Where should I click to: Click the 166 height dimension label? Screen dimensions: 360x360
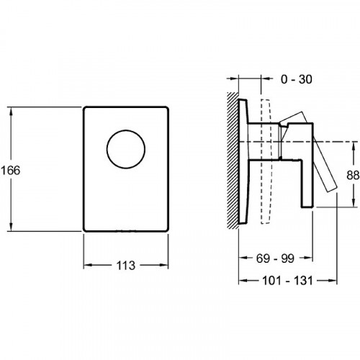click(11, 171)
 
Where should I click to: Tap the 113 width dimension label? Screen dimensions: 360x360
click(126, 266)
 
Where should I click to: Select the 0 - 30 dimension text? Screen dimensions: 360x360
click(297, 79)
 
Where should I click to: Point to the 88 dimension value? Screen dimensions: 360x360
click(353, 176)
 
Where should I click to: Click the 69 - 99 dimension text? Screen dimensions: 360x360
click(275, 258)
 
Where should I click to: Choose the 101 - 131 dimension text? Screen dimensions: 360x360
click(287, 281)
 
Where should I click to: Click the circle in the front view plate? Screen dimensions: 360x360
click(126, 130)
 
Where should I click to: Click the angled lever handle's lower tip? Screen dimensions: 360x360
click(333, 189)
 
